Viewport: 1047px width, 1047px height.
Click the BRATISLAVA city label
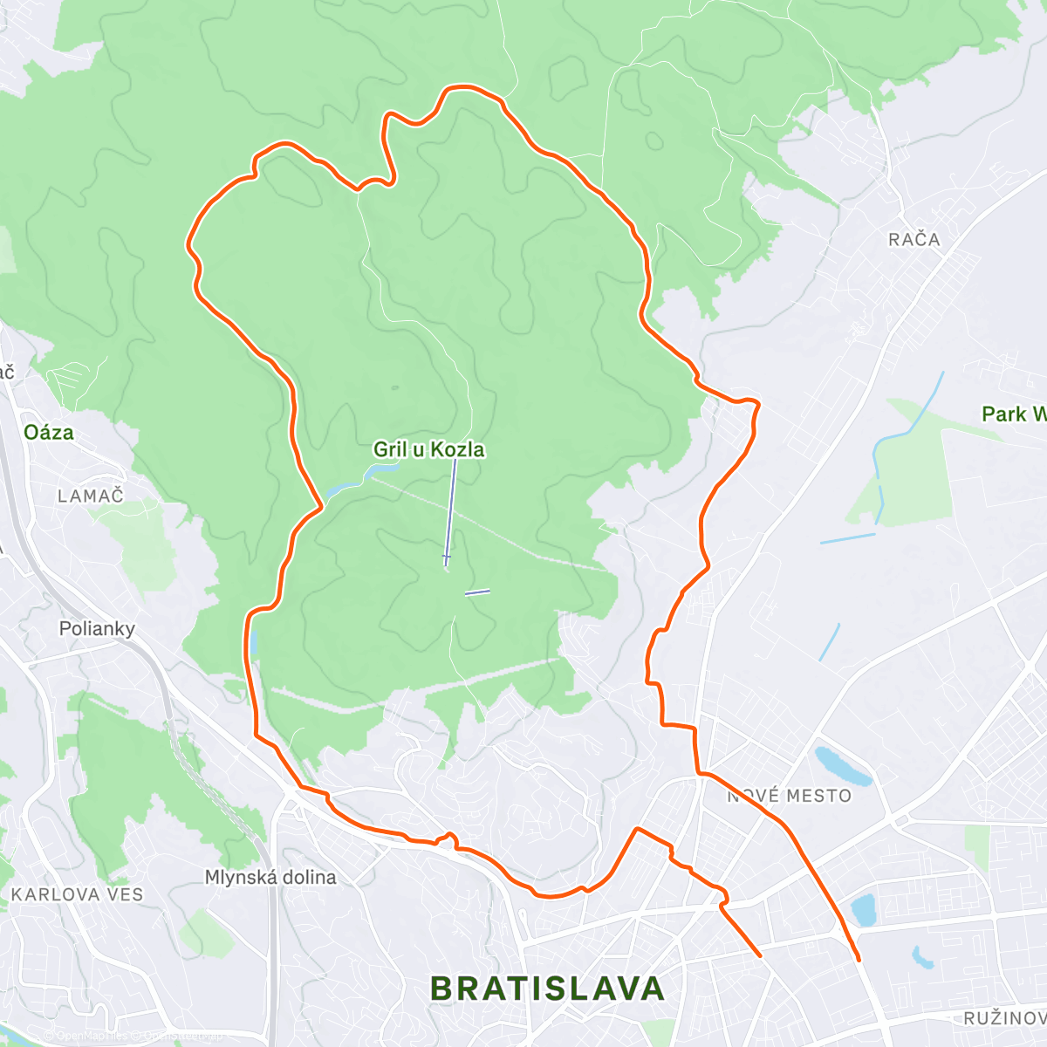548,989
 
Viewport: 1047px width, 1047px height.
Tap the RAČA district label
914,239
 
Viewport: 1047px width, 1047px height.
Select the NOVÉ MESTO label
790,796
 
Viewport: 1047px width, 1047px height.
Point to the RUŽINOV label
1004,1018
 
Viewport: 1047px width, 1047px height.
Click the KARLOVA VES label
77,894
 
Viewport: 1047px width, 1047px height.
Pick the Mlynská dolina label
270,877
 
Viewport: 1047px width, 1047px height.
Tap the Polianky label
97,628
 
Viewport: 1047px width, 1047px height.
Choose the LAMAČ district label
91,496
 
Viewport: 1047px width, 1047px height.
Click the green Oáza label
49,432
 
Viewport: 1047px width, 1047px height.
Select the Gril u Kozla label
428,449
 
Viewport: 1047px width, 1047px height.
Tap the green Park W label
1012,414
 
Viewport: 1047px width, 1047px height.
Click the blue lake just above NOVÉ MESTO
842,766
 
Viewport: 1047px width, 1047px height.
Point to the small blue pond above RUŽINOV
921,958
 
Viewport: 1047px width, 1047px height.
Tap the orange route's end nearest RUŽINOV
859,961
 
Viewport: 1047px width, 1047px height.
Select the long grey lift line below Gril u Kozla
450,510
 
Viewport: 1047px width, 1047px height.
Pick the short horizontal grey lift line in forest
477,592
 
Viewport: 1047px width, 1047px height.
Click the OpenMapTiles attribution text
92,1036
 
